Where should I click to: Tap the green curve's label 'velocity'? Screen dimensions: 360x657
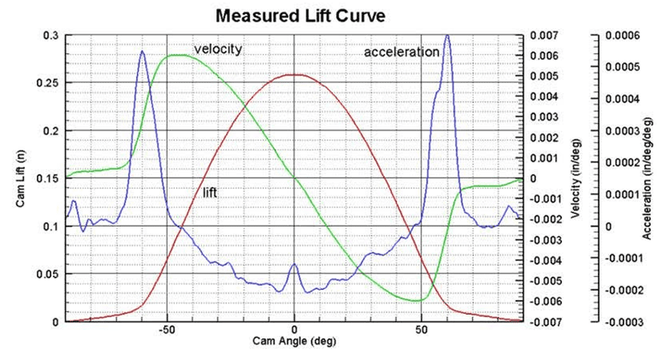point(217,49)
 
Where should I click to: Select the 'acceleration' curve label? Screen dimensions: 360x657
point(401,52)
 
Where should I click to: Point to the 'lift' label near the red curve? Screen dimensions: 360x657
point(209,193)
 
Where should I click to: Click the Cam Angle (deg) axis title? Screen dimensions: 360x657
point(293,341)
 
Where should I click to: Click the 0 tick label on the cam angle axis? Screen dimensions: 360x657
point(294,329)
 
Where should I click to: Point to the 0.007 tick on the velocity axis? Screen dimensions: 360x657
point(544,36)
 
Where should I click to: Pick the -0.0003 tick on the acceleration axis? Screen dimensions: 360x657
point(622,322)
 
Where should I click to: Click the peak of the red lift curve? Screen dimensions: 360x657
point(294,74)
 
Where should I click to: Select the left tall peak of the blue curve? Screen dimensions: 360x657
point(142,51)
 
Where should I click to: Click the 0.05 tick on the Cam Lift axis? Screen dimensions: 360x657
point(51,274)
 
